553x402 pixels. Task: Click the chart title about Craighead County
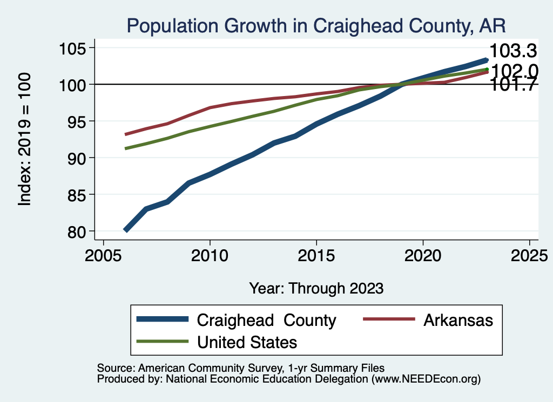315,26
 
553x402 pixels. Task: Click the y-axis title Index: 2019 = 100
24,140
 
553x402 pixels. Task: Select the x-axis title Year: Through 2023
316,288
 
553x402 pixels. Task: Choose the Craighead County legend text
267,320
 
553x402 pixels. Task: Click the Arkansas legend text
458,320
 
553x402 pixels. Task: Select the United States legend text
247,342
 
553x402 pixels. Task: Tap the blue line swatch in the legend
163,319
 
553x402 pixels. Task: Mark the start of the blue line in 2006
126,230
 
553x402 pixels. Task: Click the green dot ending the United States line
487,69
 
